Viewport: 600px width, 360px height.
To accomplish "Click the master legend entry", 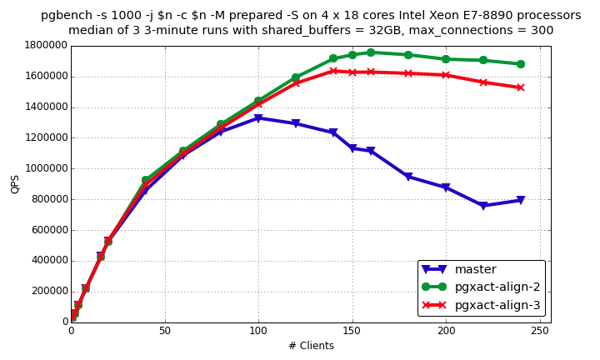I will coord(476,269).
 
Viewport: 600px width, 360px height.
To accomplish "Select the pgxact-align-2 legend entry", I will coord(498,287).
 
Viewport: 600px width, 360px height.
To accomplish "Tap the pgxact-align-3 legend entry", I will coord(498,306).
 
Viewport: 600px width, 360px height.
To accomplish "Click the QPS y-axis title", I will coord(14,183).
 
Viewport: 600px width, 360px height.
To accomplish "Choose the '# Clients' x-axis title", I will coord(310,345).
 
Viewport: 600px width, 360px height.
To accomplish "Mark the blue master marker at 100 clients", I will coord(258,118).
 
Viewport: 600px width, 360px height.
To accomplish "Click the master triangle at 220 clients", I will coord(483,205).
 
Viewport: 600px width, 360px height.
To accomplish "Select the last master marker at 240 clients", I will coord(521,200).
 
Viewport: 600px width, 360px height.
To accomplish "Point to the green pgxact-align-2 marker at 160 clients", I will coord(371,52).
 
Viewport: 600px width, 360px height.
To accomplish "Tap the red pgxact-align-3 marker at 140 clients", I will coord(333,71).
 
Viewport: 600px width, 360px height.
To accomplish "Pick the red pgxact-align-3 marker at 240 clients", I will coord(521,87).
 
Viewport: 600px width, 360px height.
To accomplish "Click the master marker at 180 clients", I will coord(408,177).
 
